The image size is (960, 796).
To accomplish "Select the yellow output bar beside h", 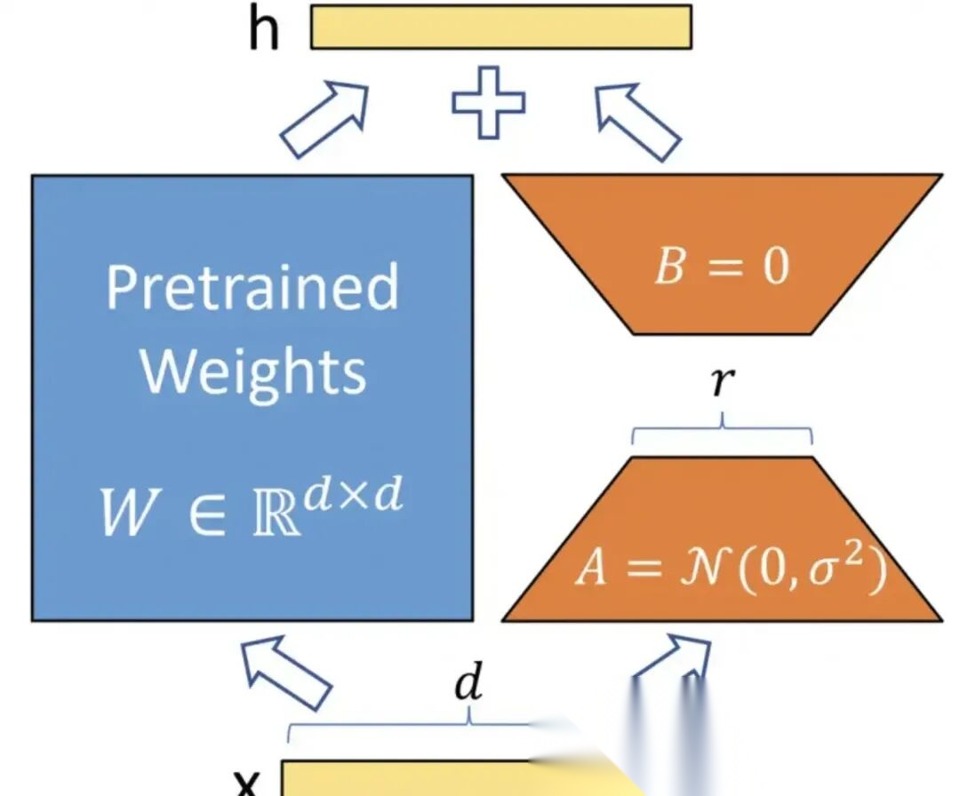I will (500, 28).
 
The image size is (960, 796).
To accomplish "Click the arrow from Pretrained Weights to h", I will (324, 119).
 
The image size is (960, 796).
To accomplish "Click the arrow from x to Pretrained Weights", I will (286, 674).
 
